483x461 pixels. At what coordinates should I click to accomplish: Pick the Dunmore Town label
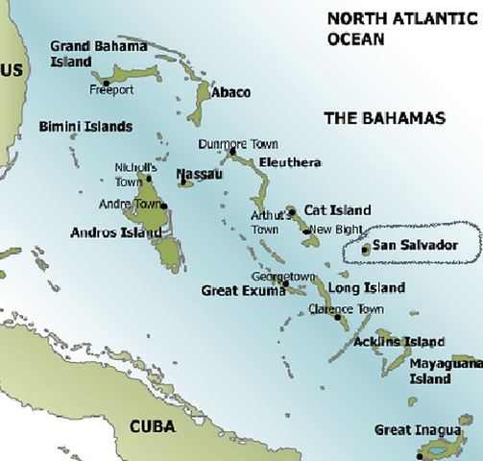pyautogui.click(x=237, y=144)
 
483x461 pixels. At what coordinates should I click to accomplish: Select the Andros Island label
pyautogui.click(x=115, y=232)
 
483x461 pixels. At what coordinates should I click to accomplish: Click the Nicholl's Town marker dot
pyautogui.click(x=148, y=179)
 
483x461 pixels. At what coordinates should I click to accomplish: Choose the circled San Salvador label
pyautogui.click(x=415, y=245)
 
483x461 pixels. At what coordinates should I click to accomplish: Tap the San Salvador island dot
pyautogui.click(x=364, y=248)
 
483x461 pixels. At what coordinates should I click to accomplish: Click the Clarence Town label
pyautogui.click(x=346, y=308)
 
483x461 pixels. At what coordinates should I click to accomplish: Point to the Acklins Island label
pyautogui.click(x=398, y=342)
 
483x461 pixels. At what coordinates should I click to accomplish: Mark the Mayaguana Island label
pyautogui.click(x=442, y=372)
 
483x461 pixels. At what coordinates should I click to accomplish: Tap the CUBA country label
pyautogui.click(x=158, y=425)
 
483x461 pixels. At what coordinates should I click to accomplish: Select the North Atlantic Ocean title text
pyautogui.click(x=384, y=28)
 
